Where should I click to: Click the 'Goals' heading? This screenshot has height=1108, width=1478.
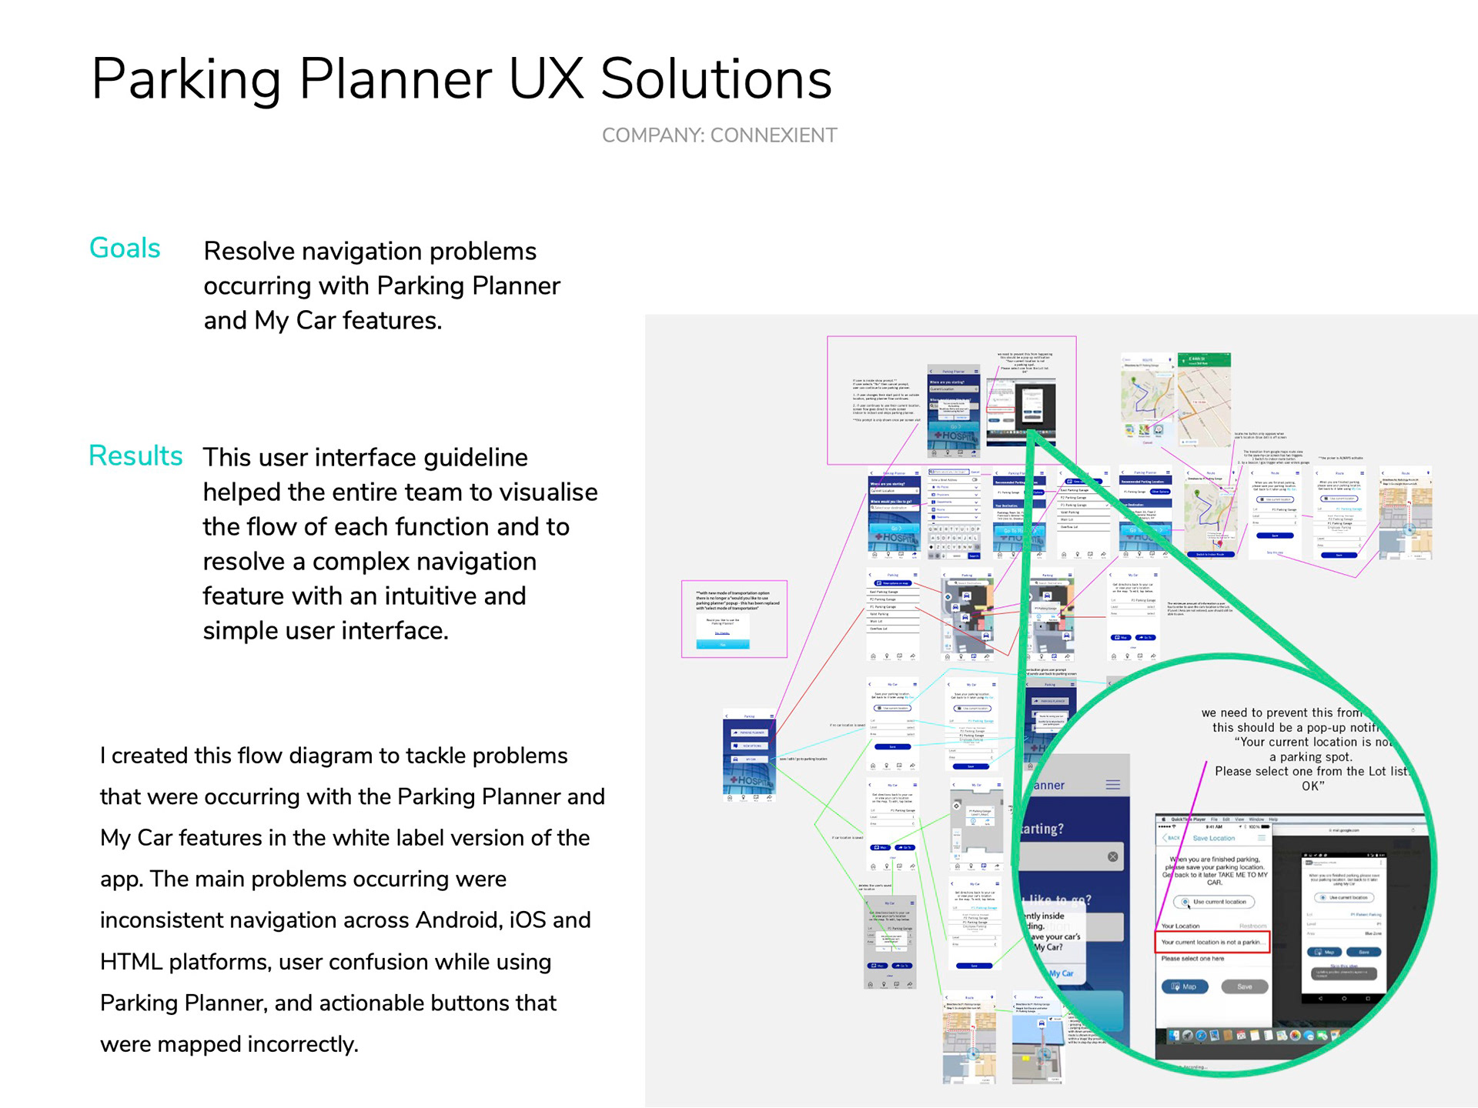click(125, 249)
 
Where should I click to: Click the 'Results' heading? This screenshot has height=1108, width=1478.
click(135, 456)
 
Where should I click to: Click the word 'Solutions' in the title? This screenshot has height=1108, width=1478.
click(716, 78)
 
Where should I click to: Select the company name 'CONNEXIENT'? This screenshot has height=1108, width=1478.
click(773, 135)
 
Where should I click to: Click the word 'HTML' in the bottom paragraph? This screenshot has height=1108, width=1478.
click(127, 962)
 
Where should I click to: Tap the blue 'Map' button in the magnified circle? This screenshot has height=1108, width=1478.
click(1185, 986)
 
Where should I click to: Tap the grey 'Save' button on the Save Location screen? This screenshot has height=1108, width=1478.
click(1244, 986)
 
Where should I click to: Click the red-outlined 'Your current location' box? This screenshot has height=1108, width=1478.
click(1212, 942)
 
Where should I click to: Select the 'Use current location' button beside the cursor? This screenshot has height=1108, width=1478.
click(1215, 902)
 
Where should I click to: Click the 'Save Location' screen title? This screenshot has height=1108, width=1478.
click(1213, 838)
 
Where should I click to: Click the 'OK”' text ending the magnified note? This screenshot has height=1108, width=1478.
click(1312, 786)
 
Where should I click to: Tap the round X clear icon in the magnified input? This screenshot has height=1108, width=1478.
click(1112, 856)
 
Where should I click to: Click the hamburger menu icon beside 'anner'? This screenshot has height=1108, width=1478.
click(1113, 785)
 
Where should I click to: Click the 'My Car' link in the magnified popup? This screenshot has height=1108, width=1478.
click(1061, 973)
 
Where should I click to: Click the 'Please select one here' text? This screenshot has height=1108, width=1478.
click(1192, 959)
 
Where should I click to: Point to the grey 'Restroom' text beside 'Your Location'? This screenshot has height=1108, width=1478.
click(1252, 926)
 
